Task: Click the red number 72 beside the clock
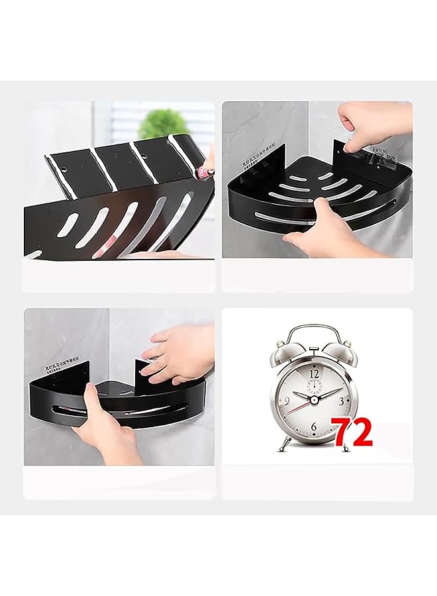click(353, 433)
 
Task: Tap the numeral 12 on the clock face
click(315, 373)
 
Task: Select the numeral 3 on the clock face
click(340, 401)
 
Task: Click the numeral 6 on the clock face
click(313, 427)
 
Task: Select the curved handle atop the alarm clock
click(314, 329)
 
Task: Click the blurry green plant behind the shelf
click(162, 123)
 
